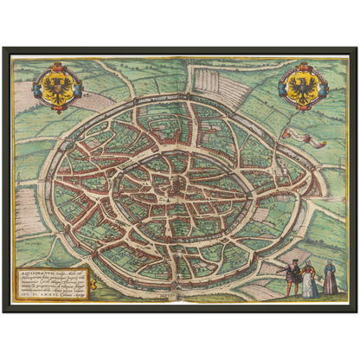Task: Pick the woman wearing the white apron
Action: [x=309, y=283]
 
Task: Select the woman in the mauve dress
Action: [x=330, y=282]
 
